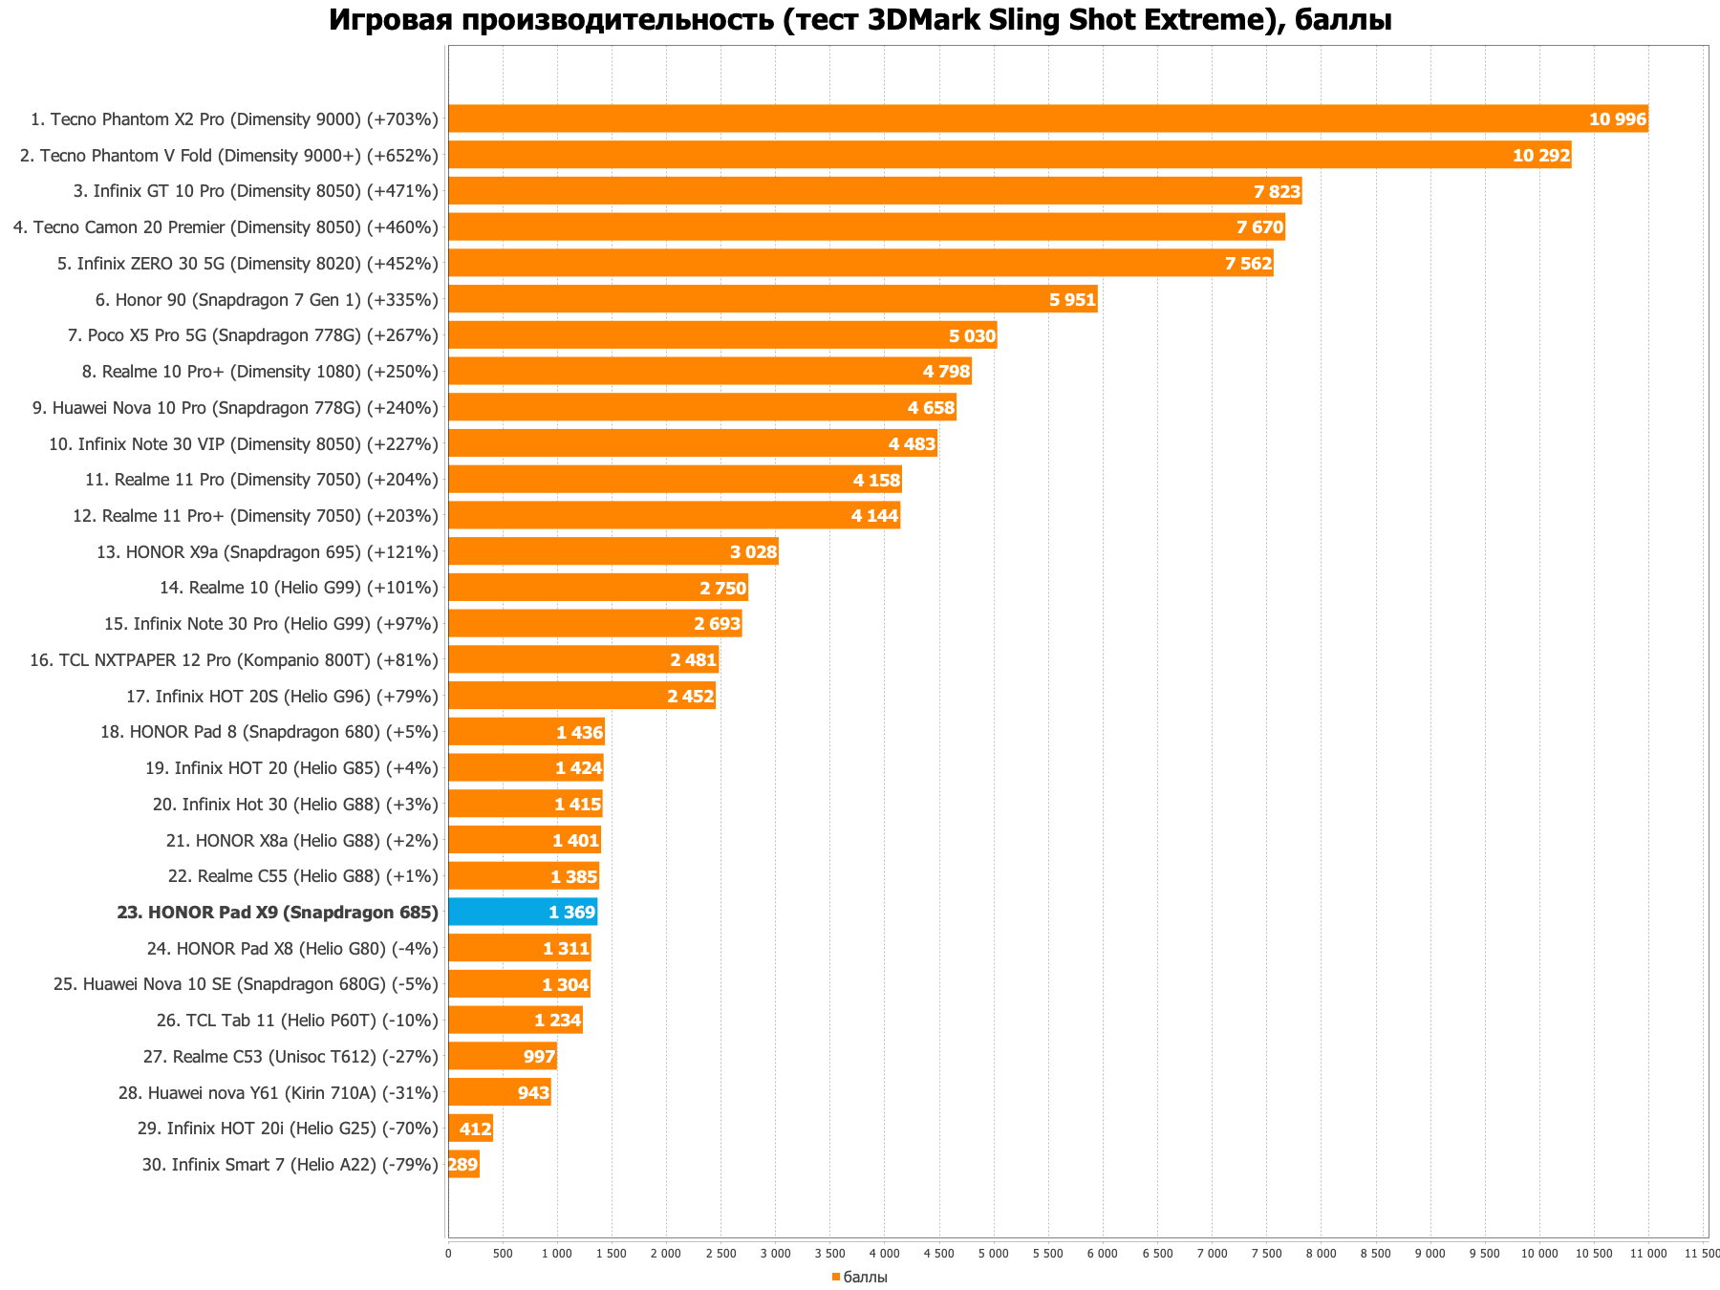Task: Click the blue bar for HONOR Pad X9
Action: tap(522, 912)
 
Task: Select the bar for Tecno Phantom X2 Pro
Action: tap(1047, 118)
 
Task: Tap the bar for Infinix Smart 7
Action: tap(463, 1164)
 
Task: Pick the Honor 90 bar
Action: tap(772, 299)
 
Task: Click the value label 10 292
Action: tap(1541, 155)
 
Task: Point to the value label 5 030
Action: tap(972, 335)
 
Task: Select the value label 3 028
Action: tap(753, 551)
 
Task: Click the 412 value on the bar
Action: tap(475, 1129)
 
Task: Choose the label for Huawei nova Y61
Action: tap(278, 1092)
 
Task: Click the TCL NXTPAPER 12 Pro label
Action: tap(234, 660)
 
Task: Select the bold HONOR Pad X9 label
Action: tap(277, 913)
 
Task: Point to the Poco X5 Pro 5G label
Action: tap(253, 335)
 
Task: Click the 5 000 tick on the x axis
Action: tap(994, 1253)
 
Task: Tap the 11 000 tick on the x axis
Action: tap(1648, 1253)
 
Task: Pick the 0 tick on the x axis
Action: tap(448, 1253)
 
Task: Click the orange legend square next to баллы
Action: tap(835, 1278)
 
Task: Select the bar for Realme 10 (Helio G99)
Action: tap(597, 588)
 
